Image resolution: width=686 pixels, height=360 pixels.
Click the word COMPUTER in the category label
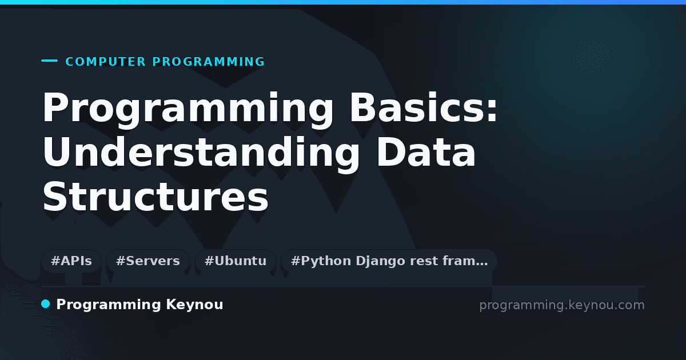tap(105, 62)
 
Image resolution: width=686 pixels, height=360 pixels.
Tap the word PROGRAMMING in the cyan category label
tap(208, 62)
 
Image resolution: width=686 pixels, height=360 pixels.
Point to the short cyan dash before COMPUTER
tap(49, 61)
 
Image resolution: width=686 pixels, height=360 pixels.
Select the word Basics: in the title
tap(424, 107)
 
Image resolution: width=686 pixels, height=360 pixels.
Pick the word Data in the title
tap(426, 152)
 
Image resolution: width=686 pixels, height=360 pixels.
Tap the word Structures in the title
tap(155, 197)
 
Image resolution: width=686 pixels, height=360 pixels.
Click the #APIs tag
tap(71, 261)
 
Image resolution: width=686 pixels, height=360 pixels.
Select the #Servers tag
tap(148, 261)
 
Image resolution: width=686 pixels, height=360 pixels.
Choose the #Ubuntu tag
tap(236, 261)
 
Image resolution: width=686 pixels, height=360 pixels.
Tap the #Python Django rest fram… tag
tap(389, 261)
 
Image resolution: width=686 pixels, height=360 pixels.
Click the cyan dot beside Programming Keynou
tap(45, 304)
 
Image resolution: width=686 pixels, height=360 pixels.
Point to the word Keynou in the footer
tap(194, 305)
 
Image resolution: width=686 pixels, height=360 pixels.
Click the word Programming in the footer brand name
tap(109, 305)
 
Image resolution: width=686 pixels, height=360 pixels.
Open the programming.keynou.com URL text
tap(562, 306)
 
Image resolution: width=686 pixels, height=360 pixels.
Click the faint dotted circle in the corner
tap(592, 58)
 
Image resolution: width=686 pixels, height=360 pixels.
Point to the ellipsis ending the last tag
tap(482, 265)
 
